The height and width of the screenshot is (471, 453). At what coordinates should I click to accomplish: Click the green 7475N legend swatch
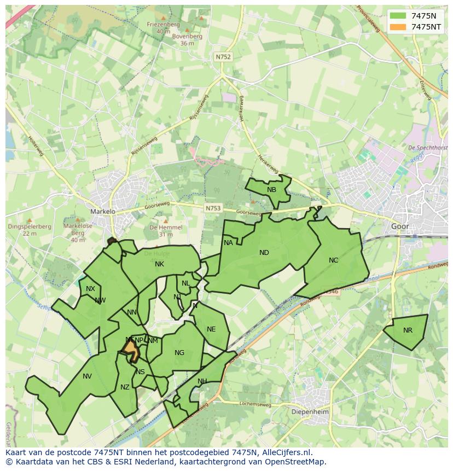point(398,15)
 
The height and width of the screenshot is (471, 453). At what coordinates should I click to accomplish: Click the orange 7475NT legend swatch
point(398,27)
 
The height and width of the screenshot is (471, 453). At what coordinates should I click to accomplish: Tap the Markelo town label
point(103,211)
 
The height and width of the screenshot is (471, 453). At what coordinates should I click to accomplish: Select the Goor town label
point(400,226)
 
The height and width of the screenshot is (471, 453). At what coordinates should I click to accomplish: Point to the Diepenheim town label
point(308,411)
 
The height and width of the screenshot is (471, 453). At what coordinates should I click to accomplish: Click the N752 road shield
point(223,56)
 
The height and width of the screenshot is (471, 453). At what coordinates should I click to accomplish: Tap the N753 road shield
point(213,208)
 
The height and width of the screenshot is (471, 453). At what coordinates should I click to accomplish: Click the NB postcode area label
point(271,190)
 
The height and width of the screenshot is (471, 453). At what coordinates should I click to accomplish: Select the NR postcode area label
point(408,330)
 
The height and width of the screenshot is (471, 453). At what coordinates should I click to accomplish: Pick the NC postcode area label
point(334,260)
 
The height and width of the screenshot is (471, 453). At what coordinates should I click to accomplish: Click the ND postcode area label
point(264,253)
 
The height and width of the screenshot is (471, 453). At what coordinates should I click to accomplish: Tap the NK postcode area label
point(159,264)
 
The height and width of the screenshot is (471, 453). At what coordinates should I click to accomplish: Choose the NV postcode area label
point(87,376)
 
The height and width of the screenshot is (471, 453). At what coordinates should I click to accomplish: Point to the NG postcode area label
point(179,353)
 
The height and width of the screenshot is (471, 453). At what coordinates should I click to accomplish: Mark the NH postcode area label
point(202,381)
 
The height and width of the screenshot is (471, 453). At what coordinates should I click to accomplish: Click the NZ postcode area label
point(125,387)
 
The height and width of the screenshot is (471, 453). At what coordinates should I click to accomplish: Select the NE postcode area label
point(211,329)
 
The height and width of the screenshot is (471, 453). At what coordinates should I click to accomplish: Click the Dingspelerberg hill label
point(22,226)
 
